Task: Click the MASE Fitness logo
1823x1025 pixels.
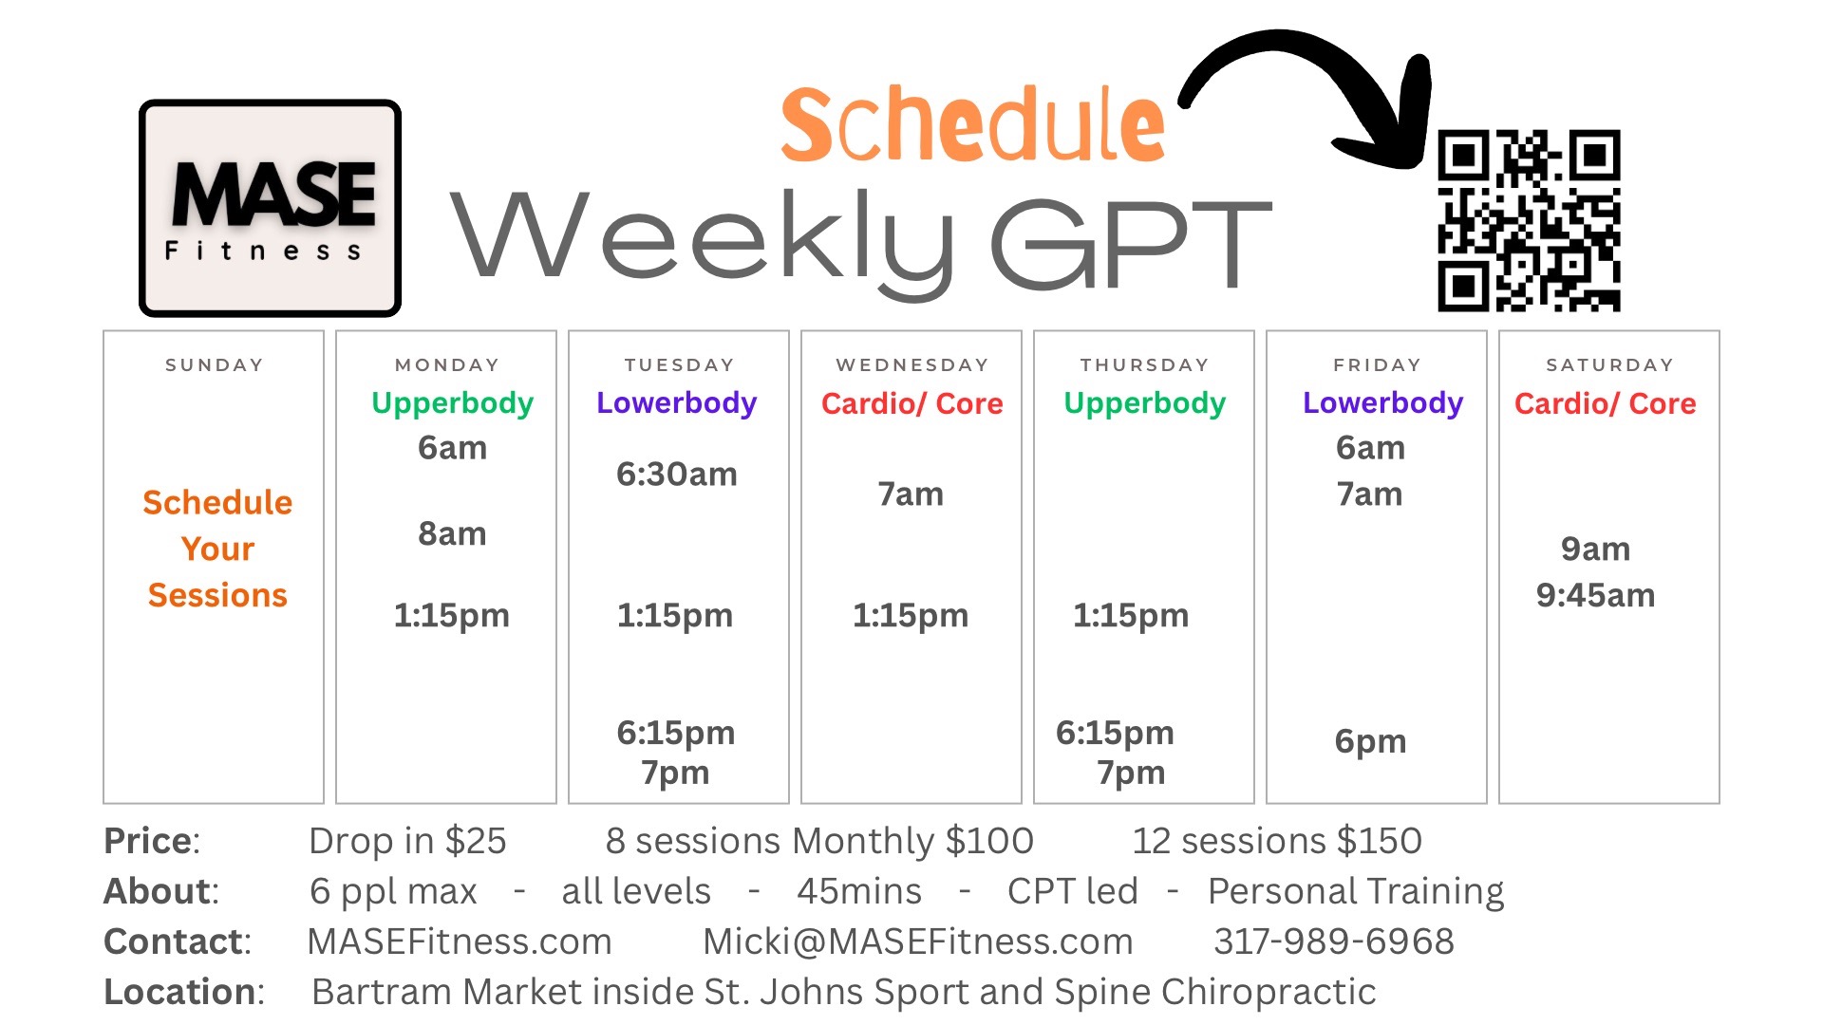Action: (271, 208)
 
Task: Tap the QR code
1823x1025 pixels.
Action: (1529, 220)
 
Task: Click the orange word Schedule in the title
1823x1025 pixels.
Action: (972, 125)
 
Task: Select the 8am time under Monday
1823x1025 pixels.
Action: (452, 533)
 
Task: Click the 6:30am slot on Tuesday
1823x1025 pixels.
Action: (676, 474)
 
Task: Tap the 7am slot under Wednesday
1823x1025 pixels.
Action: (910, 494)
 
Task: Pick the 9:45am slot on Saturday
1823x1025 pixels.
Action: (1595, 595)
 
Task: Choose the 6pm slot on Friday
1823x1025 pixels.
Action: (1370, 741)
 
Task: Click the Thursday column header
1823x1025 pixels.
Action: (1144, 364)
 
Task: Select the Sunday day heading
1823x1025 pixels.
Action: (214, 364)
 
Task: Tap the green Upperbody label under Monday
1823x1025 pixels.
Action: (452, 404)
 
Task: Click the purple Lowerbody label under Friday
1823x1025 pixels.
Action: (1382, 404)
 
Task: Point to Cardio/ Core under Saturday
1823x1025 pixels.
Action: (1605, 403)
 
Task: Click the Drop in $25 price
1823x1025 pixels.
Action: (407, 841)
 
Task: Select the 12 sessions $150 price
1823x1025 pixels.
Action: (1277, 841)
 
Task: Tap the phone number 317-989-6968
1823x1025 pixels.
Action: (1334, 941)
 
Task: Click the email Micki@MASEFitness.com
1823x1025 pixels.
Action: (917, 941)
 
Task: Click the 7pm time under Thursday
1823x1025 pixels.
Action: (1131, 773)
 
